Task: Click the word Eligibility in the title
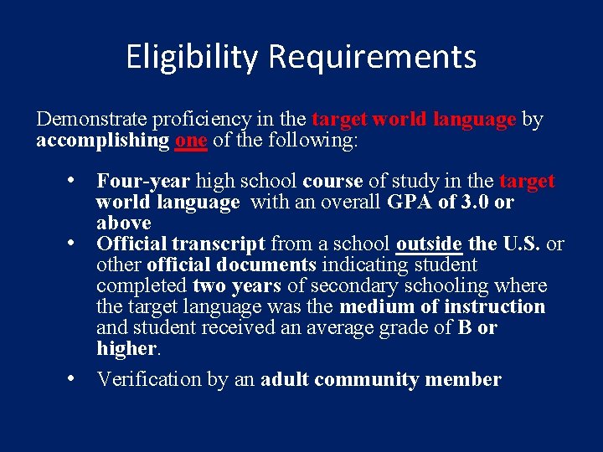click(x=193, y=57)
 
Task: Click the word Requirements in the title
click(x=373, y=57)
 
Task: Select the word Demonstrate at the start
click(x=89, y=120)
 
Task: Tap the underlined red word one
click(x=191, y=141)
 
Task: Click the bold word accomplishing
click(x=103, y=141)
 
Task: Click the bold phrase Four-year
click(x=144, y=181)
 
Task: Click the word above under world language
click(x=123, y=223)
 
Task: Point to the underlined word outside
click(x=429, y=244)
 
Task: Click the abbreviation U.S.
click(x=522, y=244)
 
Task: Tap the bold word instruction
click(x=497, y=306)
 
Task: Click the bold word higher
click(x=126, y=348)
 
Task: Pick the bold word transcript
click(x=219, y=244)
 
